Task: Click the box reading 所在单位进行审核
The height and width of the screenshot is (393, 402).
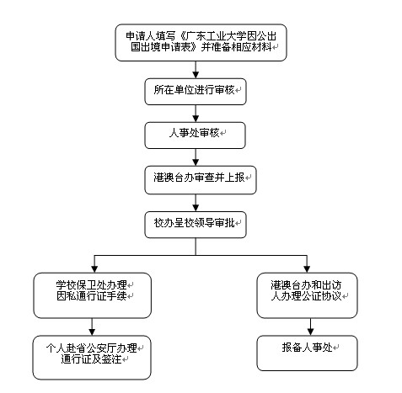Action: pos(196,92)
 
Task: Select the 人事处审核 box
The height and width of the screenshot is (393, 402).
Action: pos(195,135)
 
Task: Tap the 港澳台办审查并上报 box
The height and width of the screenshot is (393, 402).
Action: pos(201,180)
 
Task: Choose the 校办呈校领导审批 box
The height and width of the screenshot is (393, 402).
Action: pos(196,225)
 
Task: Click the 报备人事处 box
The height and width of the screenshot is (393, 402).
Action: pos(307,353)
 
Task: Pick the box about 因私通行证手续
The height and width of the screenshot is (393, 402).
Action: pos(93,295)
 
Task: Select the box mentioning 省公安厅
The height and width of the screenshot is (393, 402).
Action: pos(92,358)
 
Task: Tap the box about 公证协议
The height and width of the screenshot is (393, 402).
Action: pos(307,295)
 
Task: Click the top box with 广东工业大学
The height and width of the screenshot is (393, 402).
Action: pos(201,42)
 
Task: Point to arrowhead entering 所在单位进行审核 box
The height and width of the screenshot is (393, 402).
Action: pos(196,75)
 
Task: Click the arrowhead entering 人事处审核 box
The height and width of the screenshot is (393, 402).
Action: pos(196,119)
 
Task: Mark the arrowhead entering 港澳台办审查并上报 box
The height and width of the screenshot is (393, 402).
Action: pos(196,162)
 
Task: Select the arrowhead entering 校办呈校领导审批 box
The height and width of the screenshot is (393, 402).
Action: pos(196,208)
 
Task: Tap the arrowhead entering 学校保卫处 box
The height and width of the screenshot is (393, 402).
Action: pos(94,269)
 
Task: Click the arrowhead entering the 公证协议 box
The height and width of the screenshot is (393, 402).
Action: pos(307,269)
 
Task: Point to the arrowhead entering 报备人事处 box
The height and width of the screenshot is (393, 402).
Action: pos(310,332)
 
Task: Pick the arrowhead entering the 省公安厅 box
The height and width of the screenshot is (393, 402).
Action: pos(92,332)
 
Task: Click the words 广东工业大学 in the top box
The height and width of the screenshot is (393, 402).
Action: pos(216,36)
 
